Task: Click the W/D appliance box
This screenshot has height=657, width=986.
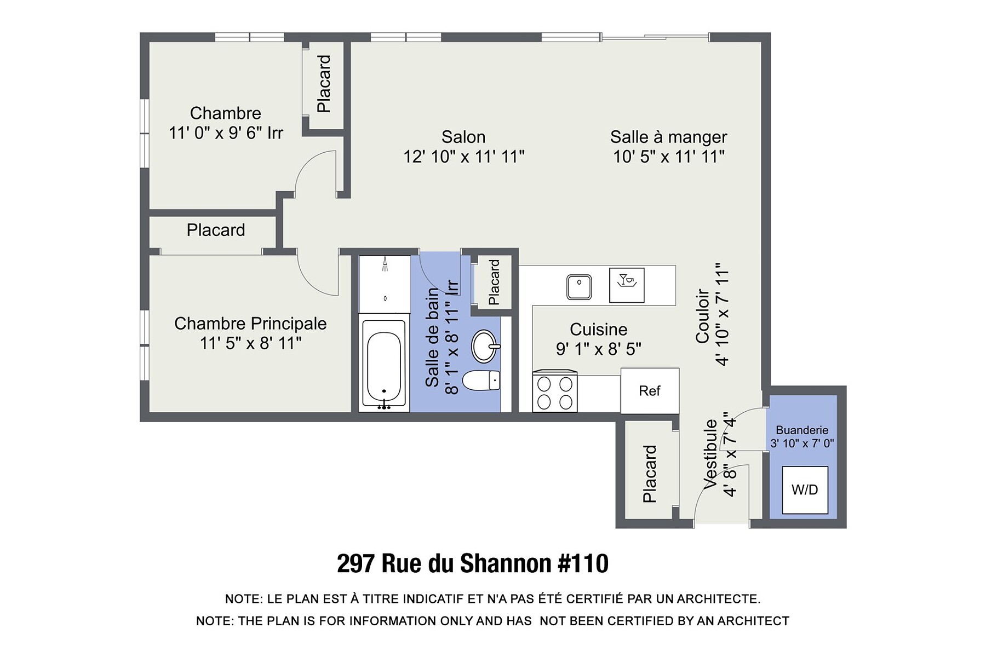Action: [x=805, y=490]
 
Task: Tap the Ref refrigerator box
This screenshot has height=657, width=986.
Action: [x=650, y=391]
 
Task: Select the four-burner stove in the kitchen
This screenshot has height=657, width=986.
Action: [x=554, y=391]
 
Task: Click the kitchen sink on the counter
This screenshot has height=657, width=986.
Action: [x=579, y=287]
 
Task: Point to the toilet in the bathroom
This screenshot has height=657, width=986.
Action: [x=481, y=381]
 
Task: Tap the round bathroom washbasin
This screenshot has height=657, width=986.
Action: [x=485, y=346]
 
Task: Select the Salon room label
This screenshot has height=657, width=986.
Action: [x=463, y=137]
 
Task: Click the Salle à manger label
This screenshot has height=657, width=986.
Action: [x=668, y=137]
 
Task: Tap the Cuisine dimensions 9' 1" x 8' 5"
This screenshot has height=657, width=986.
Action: [x=599, y=349]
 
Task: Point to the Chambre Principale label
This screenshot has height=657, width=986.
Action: [x=250, y=324]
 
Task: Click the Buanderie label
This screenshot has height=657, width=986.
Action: [x=802, y=430]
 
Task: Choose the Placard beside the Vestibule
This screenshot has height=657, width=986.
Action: [x=650, y=474]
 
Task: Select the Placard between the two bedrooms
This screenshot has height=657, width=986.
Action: [x=216, y=230]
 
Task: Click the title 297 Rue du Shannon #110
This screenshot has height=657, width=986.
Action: [x=473, y=563]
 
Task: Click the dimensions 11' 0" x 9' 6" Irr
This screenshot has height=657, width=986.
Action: [x=226, y=133]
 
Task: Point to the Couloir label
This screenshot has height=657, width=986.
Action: [x=703, y=316]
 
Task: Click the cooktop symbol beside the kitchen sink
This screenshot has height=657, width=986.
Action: [x=627, y=285]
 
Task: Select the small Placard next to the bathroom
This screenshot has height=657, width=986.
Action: [x=494, y=283]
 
